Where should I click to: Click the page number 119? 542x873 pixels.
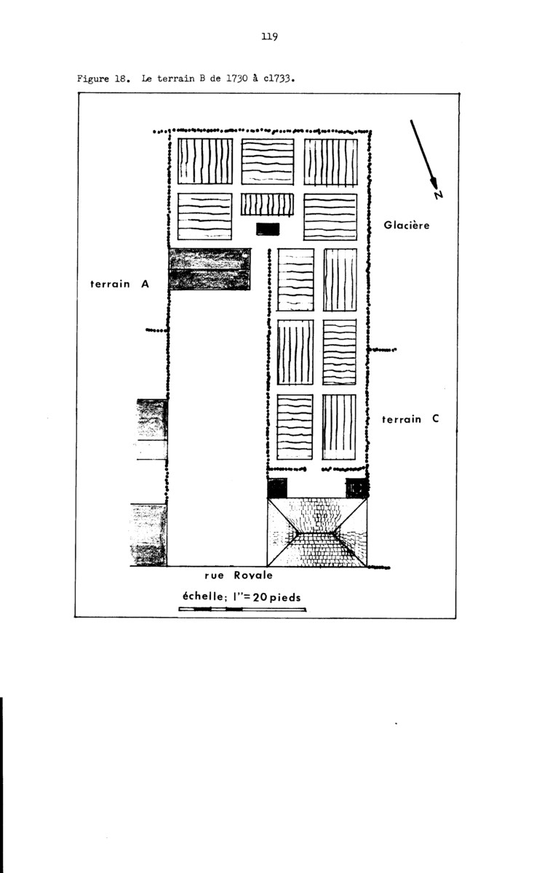(270, 36)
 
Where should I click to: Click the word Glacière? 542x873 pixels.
(407, 225)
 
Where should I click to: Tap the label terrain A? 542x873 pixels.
(119, 284)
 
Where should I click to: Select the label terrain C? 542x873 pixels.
(410, 419)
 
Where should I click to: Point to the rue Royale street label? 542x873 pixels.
(239, 575)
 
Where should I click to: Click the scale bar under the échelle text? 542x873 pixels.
(242, 609)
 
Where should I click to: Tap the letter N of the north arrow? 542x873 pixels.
(439, 194)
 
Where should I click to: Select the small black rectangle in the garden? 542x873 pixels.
(268, 229)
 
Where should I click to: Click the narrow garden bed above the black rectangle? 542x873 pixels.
(267, 204)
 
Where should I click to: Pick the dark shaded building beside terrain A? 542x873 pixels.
(210, 269)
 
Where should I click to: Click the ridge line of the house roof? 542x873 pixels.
(316, 533)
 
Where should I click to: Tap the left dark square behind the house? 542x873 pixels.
(277, 488)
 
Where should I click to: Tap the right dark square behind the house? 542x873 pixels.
(356, 488)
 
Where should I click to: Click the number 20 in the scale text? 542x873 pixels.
(260, 597)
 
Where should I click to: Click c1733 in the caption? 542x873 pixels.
(279, 79)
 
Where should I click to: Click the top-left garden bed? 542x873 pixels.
(205, 161)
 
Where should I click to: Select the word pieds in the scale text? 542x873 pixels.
(285, 597)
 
